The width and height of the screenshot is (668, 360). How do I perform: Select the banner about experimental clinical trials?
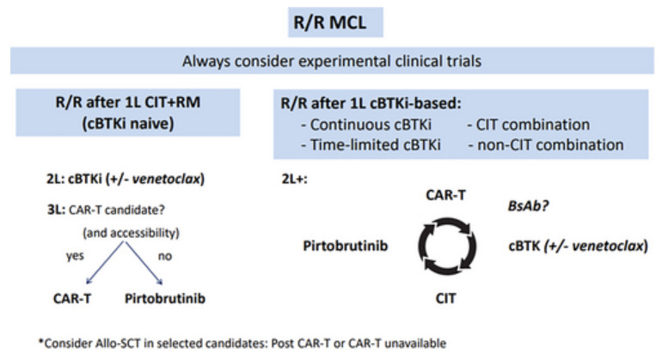(x=334, y=62)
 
